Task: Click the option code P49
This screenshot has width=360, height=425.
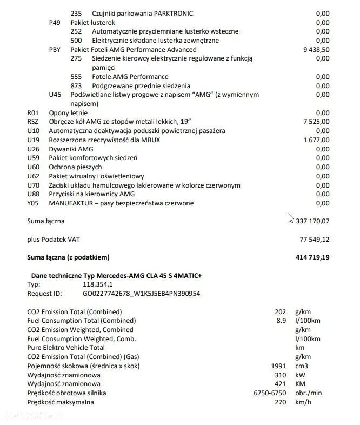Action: point(55,23)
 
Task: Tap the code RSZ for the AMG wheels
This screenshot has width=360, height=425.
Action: point(33,122)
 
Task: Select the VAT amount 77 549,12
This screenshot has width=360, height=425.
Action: point(315,239)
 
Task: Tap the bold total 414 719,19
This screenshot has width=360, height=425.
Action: point(313,257)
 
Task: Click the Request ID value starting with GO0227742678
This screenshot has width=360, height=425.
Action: point(141,294)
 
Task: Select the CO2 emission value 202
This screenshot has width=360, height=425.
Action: point(280,312)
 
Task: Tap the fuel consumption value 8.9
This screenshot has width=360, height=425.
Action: point(281,321)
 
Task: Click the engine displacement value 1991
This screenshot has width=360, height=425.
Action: point(278,366)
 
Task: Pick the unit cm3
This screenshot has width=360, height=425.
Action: point(302,366)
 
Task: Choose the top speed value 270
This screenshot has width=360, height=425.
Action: point(280,402)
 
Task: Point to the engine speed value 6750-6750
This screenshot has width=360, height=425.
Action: point(270,393)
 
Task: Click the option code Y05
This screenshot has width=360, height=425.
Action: point(33,203)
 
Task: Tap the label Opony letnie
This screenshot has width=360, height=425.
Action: point(68,112)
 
